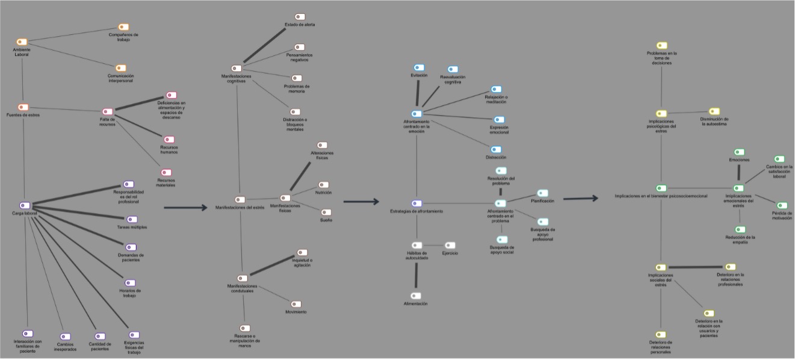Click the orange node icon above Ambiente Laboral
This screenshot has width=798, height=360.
22,42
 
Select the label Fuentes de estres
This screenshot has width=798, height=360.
23,115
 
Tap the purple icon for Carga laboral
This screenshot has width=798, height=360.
25,205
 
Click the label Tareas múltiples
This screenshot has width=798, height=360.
132,227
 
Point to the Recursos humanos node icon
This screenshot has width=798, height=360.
169,140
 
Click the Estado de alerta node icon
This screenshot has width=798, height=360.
300,17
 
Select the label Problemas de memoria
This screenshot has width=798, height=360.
297,88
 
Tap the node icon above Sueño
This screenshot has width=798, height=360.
326,213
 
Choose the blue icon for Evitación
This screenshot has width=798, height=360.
419,67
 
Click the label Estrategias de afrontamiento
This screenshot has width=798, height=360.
416,211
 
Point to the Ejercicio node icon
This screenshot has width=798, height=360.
450,245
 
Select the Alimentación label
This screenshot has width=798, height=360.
416,304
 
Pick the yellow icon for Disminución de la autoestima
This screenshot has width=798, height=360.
714,111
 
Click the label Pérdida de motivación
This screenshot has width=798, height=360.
782,215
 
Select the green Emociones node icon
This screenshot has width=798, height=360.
739,152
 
